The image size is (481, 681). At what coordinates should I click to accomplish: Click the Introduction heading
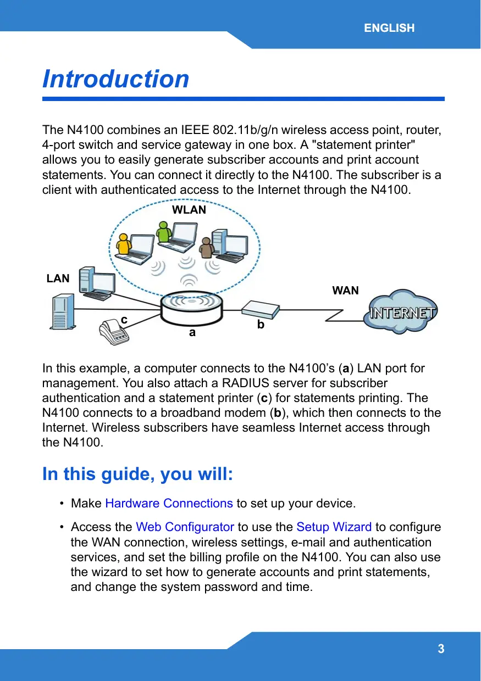[x=116, y=79]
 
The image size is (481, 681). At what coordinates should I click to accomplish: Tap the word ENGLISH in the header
[x=389, y=28]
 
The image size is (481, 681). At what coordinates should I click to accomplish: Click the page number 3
[x=441, y=649]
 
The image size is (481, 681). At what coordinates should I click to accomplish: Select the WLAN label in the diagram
[x=189, y=210]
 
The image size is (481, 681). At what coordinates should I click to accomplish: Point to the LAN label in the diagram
[x=58, y=278]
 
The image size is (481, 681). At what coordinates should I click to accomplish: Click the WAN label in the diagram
[x=346, y=291]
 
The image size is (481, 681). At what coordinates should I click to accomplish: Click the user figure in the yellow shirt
[x=125, y=245]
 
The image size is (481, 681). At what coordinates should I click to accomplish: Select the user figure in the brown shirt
[x=207, y=248]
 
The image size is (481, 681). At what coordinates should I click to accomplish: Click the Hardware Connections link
[x=169, y=503]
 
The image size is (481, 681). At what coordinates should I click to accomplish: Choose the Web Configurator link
[x=185, y=527]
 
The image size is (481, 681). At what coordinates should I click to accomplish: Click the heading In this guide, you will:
[x=138, y=474]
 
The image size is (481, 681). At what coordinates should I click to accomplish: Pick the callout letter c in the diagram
[x=124, y=319]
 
